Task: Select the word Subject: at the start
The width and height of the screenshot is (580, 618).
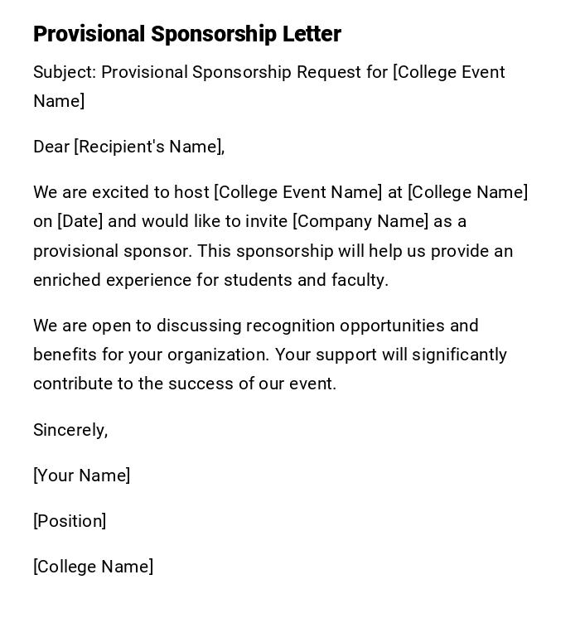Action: point(65,72)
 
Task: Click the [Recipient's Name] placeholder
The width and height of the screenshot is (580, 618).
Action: point(148,147)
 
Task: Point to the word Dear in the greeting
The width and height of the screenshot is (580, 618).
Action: point(51,147)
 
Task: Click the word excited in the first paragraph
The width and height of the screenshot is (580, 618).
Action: point(119,192)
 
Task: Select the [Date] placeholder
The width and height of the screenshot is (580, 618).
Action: point(80,221)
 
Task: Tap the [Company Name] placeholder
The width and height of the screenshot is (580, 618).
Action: point(360,221)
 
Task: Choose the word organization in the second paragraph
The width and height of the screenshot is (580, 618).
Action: point(218,355)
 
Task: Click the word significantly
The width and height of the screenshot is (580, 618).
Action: point(459,355)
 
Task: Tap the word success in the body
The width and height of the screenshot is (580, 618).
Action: point(201,384)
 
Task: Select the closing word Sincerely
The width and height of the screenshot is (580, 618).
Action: point(69,430)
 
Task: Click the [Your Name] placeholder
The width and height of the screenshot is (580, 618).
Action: point(81,476)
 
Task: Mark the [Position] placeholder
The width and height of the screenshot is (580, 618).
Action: point(70,521)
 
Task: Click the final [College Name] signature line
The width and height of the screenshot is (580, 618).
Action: point(93,567)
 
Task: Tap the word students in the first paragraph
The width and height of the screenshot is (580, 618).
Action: point(258,280)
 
